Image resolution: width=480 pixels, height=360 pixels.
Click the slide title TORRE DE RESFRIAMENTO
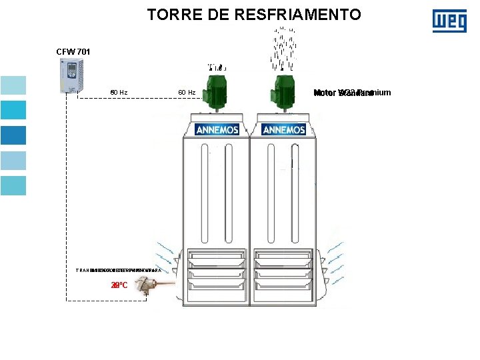[254, 14]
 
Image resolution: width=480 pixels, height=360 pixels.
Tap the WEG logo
[449, 21]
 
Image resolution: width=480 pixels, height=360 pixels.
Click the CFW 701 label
[73, 51]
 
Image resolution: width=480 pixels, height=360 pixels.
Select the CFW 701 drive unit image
[71, 75]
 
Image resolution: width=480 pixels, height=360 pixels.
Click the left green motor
[217, 91]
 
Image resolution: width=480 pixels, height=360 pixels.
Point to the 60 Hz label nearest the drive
[119, 92]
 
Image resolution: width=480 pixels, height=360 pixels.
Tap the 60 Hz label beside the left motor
[187, 92]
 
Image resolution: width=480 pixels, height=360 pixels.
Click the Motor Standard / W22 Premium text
[351, 93]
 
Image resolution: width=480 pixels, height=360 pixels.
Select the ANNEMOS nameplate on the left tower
[217, 130]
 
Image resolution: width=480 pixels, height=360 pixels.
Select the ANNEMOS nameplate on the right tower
[284, 130]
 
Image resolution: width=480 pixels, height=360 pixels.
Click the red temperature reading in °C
[119, 285]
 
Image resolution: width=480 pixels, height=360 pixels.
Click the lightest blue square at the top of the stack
[13, 85]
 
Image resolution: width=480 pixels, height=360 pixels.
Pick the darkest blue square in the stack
[13, 135]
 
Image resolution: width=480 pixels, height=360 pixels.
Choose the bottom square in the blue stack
[13, 186]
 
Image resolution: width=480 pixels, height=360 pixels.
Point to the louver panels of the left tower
[216, 270]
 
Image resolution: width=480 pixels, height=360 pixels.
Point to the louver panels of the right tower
[283, 270]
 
